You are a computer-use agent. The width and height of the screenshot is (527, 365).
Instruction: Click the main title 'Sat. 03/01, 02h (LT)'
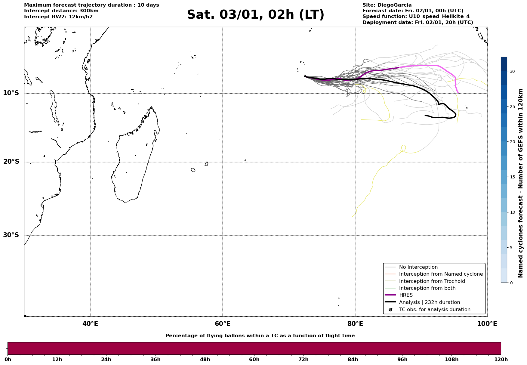(255, 15)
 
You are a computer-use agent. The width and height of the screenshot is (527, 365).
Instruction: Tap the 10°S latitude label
(11, 93)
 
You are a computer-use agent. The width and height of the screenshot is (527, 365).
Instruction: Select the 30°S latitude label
(11, 235)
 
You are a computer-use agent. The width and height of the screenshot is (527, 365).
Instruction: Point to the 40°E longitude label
(90, 324)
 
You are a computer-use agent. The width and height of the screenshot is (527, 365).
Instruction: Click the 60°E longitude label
(223, 324)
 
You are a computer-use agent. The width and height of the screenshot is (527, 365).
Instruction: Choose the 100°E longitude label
(487, 324)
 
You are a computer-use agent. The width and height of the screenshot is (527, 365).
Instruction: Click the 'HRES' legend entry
(406, 295)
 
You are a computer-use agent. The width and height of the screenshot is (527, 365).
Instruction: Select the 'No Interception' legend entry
(418, 267)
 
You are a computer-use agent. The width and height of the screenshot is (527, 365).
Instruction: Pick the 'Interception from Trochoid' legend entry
(432, 281)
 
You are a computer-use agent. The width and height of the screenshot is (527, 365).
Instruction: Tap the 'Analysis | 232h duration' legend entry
(429, 302)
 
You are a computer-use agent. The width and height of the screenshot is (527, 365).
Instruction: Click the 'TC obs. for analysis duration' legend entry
(434, 310)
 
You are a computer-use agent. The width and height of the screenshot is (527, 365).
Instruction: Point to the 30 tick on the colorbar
(512, 72)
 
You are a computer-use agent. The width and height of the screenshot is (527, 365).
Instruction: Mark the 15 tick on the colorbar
(512, 177)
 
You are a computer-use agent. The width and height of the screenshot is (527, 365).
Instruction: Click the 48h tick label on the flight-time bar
(205, 360)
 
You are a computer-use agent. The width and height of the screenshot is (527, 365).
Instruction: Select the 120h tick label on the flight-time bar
(501, 360)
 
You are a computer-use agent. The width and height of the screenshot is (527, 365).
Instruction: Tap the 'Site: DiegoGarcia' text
(387, 5)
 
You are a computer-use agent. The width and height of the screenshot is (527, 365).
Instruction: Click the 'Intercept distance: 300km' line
(61, 11)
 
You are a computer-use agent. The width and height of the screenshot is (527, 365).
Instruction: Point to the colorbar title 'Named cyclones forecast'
(521, 183)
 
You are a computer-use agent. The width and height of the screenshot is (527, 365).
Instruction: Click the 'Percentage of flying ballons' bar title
(260, 336)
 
